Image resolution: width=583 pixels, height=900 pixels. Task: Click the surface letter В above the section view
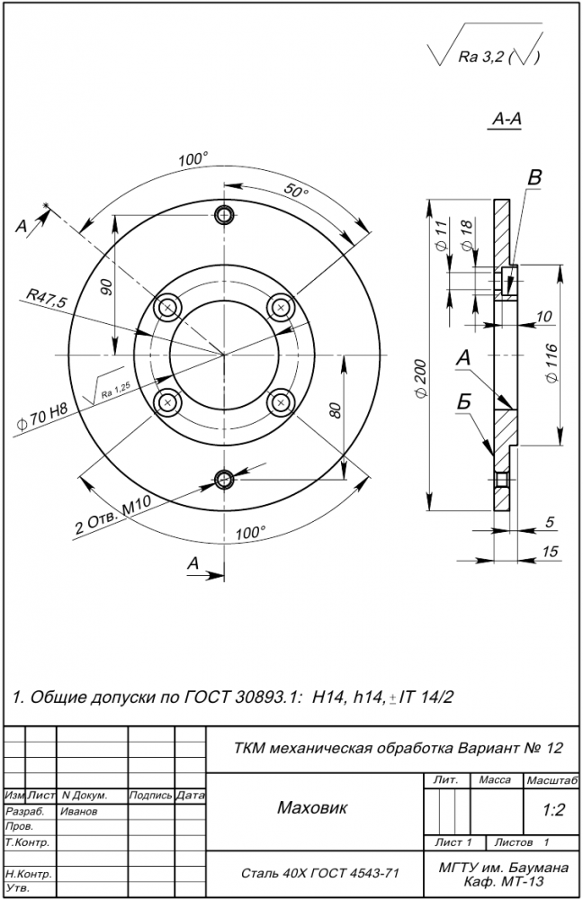pyautogui.click(x=534, y=178)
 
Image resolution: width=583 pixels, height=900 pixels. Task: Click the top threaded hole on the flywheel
pyautogui.click(x=224, y=214)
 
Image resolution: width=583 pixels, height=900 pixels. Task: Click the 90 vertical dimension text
pyautogui.click(x=106, y=287)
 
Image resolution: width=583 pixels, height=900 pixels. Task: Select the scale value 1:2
pyautogui.click(x=553, y=810)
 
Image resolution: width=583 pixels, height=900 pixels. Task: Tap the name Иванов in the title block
pyautogui.click(x=79, y=811)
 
